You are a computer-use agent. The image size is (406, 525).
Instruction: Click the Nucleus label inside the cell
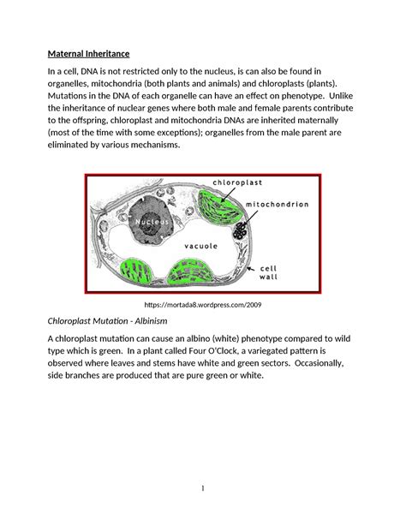pos(154,222)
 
